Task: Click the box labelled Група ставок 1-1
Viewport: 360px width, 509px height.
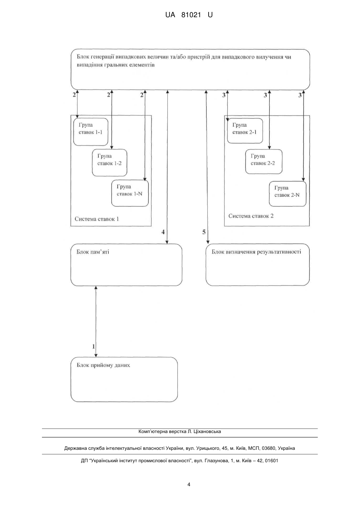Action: click(x=91, y=132)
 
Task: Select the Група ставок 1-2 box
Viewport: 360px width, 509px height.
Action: click(x=109, y=163)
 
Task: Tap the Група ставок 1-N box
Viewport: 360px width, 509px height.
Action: click(x=130, y=193)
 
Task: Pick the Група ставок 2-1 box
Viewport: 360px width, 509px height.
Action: click(x=245, y=131)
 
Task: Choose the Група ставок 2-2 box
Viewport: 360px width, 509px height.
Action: click(x=264, y=162)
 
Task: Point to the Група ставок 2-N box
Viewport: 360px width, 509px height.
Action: click(x=288, y=194)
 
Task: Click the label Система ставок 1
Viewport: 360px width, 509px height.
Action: click(x=97, y=219)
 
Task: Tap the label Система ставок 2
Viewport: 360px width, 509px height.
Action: click(x=251, y=216)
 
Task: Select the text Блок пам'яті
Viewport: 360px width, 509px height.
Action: click(x=93, y=252)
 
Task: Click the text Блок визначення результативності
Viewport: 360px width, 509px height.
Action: click(x=257, y=252)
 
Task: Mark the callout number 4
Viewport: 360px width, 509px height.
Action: click(x=163, y=232)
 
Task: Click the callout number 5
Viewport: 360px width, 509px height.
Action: click(x=204, y=232)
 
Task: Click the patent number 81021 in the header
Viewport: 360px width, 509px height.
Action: click(x=191, y=15)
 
